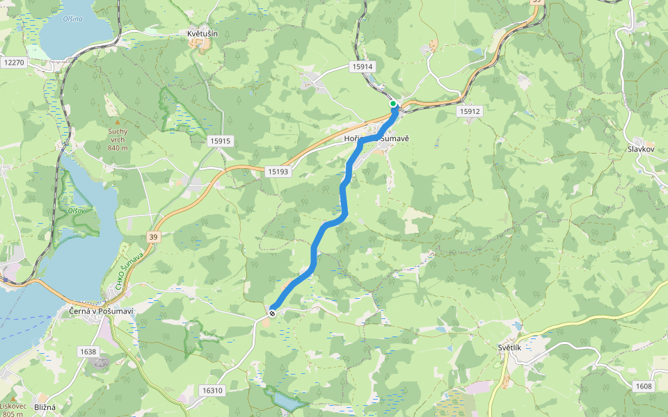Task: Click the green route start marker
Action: click(393, 104)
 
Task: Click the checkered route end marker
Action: click(272, 313)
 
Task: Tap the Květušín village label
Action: click(202, 33)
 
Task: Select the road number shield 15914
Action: click(363, 67)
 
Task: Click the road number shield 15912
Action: click(470, 111)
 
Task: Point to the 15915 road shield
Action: click(219, 141)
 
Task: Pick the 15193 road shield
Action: click(277, 171)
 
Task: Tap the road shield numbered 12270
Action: click(13, 63)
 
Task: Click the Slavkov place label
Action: click(642, 149)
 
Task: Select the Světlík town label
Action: click(514, 347)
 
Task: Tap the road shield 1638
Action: click(88, 352)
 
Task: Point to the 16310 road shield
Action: click(212, 391)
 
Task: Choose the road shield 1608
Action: click(644, 386)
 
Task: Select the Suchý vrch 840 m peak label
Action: click(118, 139)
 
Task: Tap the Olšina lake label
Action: click(72, 19)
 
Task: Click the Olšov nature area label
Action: click(76, 210)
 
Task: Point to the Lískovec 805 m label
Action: click(13, 409)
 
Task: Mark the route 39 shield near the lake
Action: click(152, 238)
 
